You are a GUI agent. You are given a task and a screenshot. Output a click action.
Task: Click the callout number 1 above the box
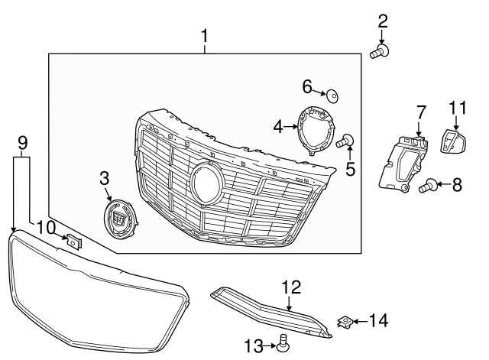coord(205,35)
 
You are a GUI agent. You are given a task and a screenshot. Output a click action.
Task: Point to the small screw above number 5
coord(345,140)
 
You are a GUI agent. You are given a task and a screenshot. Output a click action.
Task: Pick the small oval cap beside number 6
coord(333,96)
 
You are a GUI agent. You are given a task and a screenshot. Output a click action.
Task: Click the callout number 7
coord(421,112)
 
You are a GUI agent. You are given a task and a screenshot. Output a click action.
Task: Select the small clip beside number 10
coord(74,242)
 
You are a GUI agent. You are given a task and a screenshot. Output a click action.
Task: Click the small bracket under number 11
coord(453,140)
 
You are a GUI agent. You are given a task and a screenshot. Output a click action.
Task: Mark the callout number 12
coord(291,287)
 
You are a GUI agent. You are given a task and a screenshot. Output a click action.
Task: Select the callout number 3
coord(105,178)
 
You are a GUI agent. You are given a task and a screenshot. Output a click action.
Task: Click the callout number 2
coord(382,21)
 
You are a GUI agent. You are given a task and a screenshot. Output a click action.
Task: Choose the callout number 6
coord(307,85)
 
